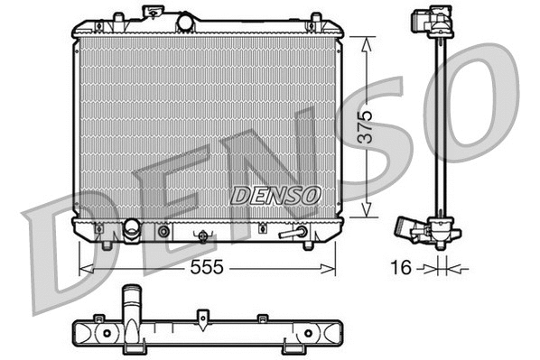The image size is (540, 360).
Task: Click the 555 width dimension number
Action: pyautogui.click(x=207, y=268)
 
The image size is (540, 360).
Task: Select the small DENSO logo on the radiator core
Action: pyautogui.click(x=275, y=194)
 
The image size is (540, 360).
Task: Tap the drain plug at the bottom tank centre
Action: pyautogui.click(x=204, y=236)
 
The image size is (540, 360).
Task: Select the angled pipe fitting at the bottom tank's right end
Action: pyautogui.click(x=292, y=233)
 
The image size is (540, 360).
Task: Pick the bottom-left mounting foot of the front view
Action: pyautogui.click(x=107, y=244)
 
